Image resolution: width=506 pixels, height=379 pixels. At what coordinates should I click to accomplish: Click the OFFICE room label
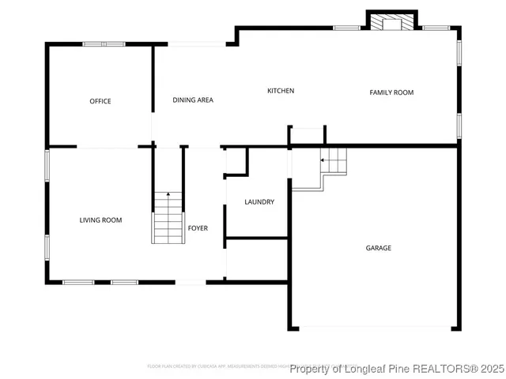pyautogui.click(x=100, y=101)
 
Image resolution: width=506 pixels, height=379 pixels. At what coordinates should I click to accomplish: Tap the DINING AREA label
pyautogui.click(x=193, y=99)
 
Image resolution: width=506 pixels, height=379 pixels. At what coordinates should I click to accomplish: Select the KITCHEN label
pyautogui.click(x=281, y=91)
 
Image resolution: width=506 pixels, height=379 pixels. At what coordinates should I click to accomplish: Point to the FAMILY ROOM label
pyautogui.click(x=391, y=92)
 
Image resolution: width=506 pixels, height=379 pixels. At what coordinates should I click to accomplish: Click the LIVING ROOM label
pyautogui.click(x=100, y=220)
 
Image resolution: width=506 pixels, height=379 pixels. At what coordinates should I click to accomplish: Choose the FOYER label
pyautogui.click(x=198, y=228)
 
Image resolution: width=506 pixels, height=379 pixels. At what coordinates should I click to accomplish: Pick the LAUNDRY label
pyautogui.click(x=259, y=202)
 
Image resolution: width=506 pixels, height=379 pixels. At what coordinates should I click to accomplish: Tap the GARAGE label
pyautogui.click(x=378, y=248)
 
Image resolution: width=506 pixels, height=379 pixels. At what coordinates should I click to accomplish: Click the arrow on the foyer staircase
pyautogui.click(x=168, y=196)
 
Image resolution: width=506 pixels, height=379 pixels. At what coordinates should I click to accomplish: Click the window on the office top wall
pyautogui.click(x=104, y=43)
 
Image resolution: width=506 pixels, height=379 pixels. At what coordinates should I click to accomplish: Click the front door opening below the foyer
pyautogui.click(x=191, y=282)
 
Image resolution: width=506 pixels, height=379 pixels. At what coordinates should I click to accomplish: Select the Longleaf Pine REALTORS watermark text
pyautogui.click(x=396, y=369)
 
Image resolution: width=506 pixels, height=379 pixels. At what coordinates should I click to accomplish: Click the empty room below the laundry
pyautogui.click(x=256, y=258)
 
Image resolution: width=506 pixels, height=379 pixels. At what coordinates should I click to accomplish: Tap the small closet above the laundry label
pyautogui.click(x=236, y=160)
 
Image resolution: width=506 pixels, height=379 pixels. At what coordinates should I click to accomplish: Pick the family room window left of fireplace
pyautogui.click(x=346, y=28)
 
